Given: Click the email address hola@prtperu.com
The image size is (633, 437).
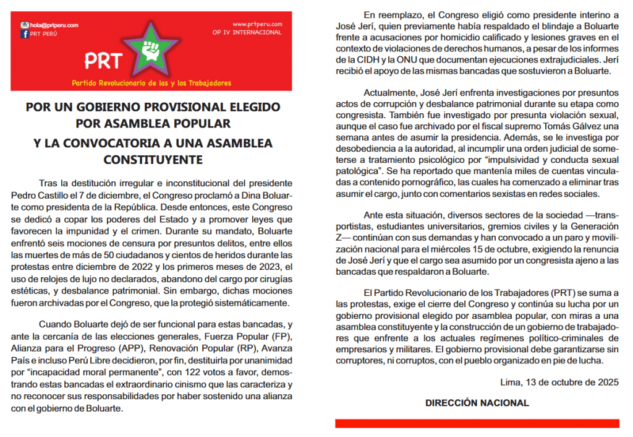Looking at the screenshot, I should pos(54,25).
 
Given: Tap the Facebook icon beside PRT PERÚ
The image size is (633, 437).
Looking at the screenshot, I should pos(25,34).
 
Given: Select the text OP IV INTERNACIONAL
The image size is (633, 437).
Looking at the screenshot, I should pos(247,32).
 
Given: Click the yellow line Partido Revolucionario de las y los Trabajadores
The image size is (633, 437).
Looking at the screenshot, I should pos(151,83).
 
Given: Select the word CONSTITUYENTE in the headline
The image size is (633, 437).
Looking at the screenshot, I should pos(153,159).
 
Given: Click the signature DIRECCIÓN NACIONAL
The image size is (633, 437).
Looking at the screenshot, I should pos(477,403).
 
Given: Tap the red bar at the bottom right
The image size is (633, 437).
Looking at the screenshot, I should pos(477,423).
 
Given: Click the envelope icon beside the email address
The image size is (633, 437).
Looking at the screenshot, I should pos(24,25).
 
